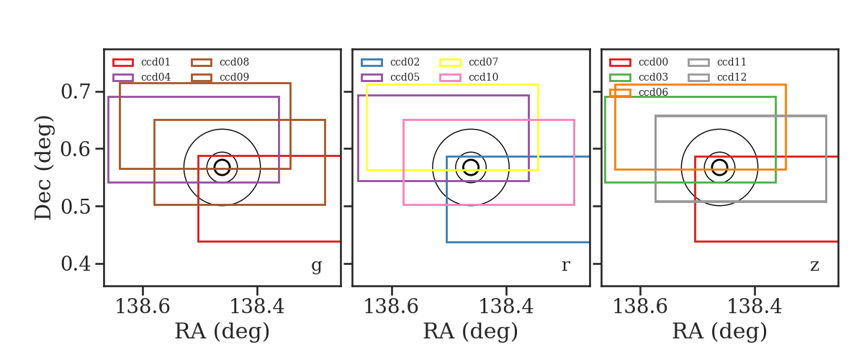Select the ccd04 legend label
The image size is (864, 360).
(x=156, y=77)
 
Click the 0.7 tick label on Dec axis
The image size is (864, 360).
(x=76, y=92)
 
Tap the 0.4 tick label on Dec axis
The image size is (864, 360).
(x=76, y=264)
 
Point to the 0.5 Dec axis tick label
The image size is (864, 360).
(x=76, y=207)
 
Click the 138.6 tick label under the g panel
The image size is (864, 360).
(x=143, y=307)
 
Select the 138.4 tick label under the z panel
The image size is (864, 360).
(x=755, y=307)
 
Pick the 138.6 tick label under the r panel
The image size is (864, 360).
(x=391, y=307)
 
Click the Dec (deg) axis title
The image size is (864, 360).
(x=42, y=168)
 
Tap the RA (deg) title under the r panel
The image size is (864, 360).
(x=471, y=331)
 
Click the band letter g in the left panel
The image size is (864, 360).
(x=316, y=266)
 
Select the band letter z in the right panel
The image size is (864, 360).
(x=814, y=266)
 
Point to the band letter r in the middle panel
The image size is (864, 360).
(x=565, y=266)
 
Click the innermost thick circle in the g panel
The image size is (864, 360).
(x=222, y=160)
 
